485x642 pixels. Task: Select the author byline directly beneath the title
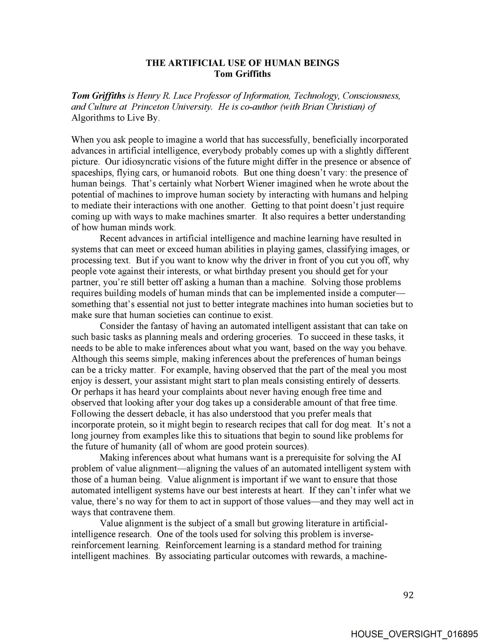pyautogui.click(x=242, y=74)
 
